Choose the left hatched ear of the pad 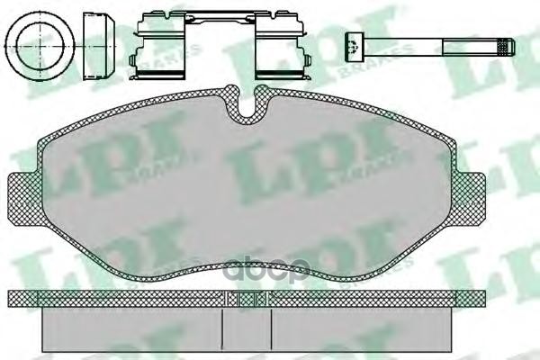pyautogui.click(x=24, y=199)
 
